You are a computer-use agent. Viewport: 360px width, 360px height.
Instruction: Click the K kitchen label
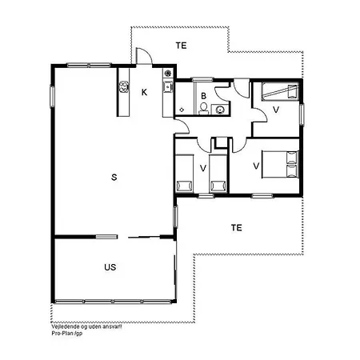[144, 92]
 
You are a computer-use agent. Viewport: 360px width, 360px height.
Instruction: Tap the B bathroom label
[204, 96]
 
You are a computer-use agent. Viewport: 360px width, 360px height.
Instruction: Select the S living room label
[114, 176]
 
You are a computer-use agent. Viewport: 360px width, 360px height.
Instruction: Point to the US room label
[111, 266]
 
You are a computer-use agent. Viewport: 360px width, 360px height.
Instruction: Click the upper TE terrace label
[182, 46]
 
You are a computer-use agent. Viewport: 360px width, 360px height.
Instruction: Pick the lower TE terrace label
[236, 227]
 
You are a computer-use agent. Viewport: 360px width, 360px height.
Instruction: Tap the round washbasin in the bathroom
[219, 109]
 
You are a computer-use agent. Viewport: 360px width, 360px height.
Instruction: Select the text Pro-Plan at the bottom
[60, 334]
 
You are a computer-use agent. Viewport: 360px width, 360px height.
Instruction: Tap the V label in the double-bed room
[256, 166]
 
